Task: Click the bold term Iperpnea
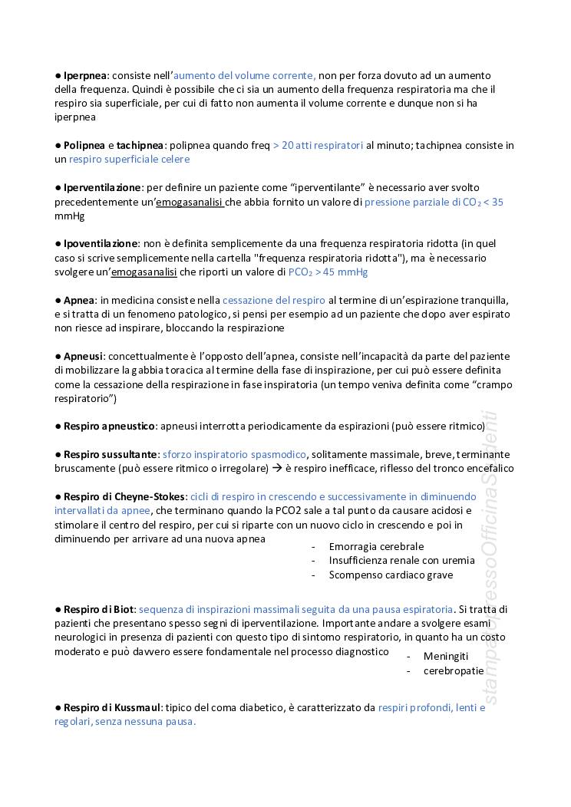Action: coord(85,75)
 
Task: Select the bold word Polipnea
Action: coord(84,145)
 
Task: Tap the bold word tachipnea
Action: coord(140,145)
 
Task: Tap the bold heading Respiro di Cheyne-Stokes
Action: coord(124,496)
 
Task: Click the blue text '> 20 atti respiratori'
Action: coord(318,145)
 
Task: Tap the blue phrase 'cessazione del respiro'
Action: coord(274,300)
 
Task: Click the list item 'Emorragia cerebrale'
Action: coord(376,547)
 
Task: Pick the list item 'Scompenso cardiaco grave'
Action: coord(391,575)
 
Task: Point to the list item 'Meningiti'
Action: coord(445,657)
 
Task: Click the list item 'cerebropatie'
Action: coord(453,670)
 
